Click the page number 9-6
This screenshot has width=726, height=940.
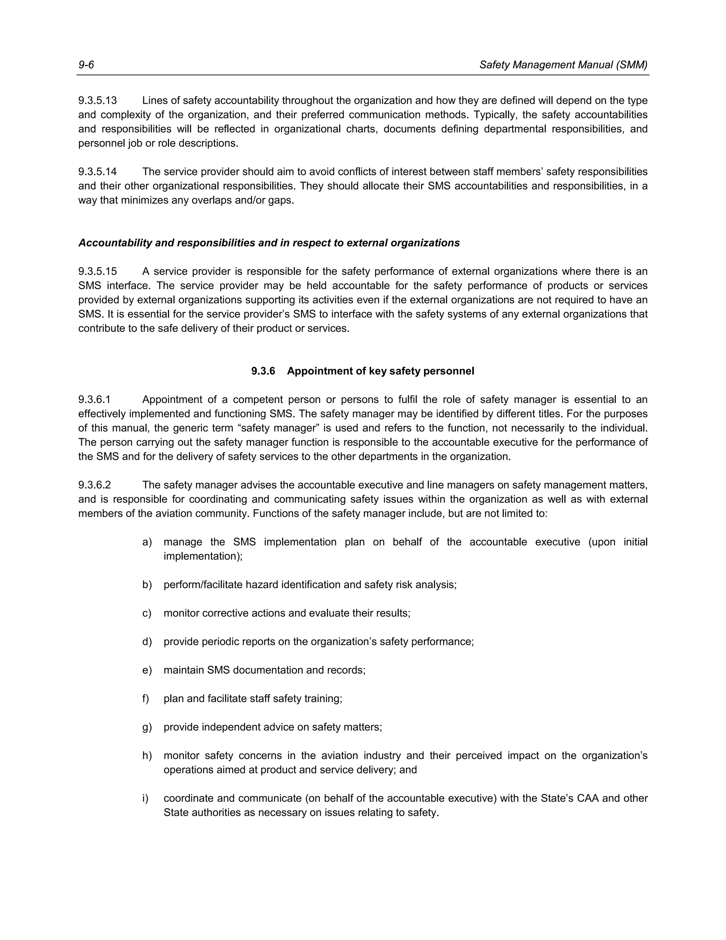(86, 65)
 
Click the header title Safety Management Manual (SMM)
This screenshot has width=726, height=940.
(563, 65)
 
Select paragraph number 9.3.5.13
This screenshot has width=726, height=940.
(97, 101)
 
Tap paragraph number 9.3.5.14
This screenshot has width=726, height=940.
(97, 172)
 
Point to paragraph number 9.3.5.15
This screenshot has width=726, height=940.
(97, 272)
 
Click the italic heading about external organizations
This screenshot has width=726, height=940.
(269, 243)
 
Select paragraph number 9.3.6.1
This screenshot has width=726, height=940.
(95, 400)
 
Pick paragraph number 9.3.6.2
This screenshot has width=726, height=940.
(95, 485)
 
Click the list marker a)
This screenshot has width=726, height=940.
(147, 542)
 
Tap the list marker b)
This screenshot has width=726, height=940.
(147, 585)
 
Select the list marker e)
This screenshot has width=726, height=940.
(147, 670)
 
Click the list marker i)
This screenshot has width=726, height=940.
(145, 798)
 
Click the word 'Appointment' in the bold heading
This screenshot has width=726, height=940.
(316, 371)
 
